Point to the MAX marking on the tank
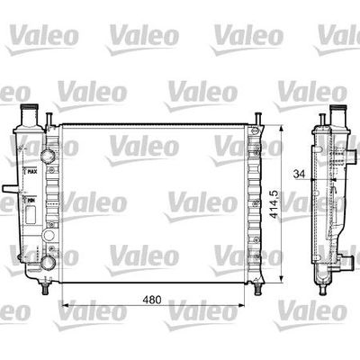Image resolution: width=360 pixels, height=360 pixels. [x=31, y=171]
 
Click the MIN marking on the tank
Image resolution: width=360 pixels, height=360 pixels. [x=30, y=203]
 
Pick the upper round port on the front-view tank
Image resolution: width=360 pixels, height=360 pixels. [x=47, y=155]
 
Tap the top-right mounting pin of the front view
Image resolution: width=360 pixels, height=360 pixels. [x=257, y=118]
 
